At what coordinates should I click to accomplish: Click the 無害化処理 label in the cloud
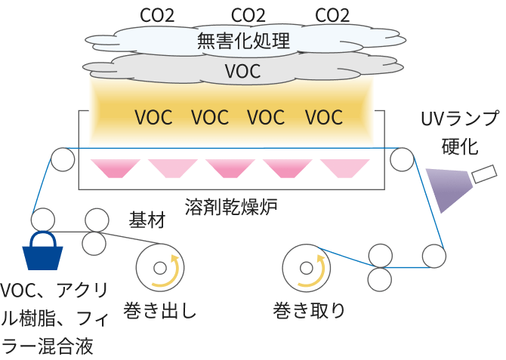[x=243, y=41]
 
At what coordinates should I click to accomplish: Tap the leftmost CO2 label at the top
[x=157, y=14]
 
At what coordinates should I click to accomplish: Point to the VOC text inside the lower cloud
[x=243, y=72]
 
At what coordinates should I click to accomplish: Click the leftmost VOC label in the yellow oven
[x=153, y=118]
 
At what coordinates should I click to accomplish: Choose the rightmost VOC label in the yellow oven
[x=324, y=118]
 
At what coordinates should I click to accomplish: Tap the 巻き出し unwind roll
[x=160, y=267]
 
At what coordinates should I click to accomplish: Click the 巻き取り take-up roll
[x=307, y=268]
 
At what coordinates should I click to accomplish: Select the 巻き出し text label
[x=161, y=311]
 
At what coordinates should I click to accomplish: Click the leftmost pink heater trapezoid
[x=110, y=168]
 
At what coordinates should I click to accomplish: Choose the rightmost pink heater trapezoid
[x=344, y=168]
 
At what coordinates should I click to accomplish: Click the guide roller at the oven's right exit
[x=402, y=159]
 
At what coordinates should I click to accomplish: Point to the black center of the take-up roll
[x=306, y=268]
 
